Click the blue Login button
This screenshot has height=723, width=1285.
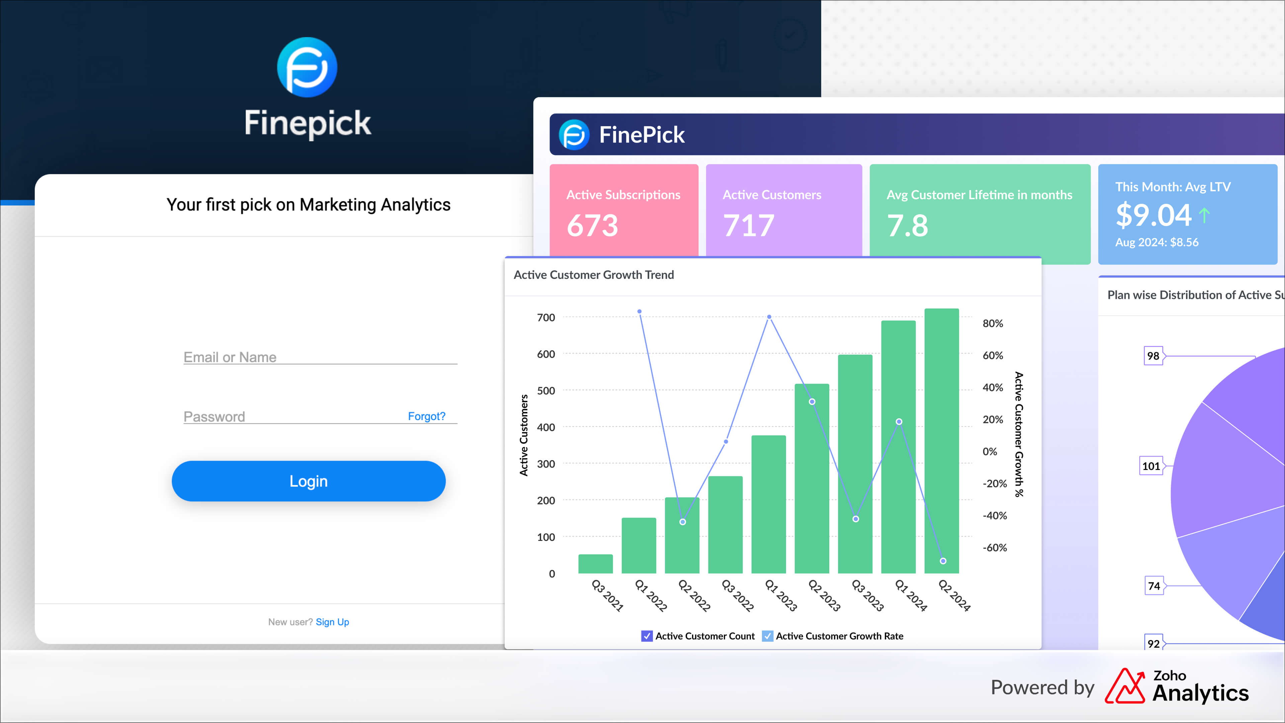tap(308, 481)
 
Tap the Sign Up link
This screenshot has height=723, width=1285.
tap(332, 622)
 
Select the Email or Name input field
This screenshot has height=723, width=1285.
tap(320, 357)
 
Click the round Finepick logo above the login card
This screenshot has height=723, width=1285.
tap(307, 67)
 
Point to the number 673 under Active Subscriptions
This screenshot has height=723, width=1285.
tap(592, 226)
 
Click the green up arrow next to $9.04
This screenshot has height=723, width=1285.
tap(1204, 216)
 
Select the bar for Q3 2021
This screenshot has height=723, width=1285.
tap(595, 564)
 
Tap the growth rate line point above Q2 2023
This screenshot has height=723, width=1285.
tap(812, 402)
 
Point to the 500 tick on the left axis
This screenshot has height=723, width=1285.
tap(546, 391)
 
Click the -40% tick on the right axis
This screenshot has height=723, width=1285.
tap(994, 515)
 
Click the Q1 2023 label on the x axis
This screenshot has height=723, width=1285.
tap(781, 595)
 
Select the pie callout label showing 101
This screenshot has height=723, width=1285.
tap(1151, 466)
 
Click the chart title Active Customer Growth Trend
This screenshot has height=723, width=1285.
tap(594, 275)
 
